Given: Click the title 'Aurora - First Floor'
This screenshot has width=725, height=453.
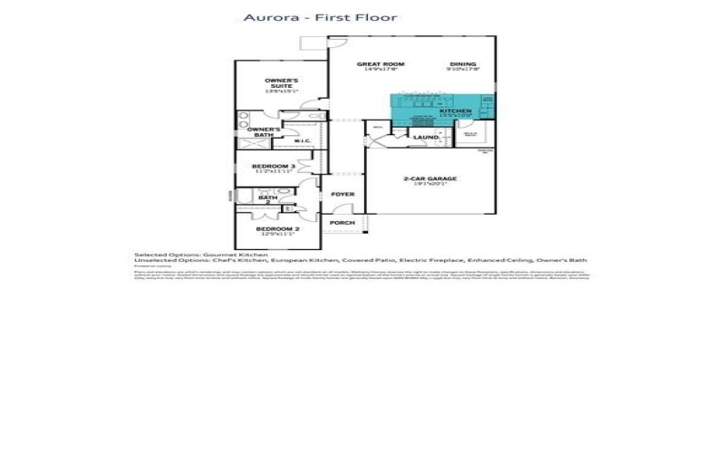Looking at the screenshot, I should (320, 17).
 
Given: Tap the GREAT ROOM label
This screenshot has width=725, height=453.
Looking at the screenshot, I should (380, 64).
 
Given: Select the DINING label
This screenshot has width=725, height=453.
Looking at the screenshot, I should (463, 64).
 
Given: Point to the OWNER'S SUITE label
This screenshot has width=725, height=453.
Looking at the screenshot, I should (281, 82).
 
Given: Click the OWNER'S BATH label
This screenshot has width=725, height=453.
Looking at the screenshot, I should (264, 132).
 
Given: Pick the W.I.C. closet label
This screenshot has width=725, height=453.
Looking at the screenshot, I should (303, 141).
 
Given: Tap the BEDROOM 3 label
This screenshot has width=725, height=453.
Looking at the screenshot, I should (273, 167).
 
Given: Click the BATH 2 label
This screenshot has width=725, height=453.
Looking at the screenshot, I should (266, 198).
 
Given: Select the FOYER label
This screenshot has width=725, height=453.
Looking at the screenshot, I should (342, 195).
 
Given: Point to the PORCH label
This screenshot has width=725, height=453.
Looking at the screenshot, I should (342, 223).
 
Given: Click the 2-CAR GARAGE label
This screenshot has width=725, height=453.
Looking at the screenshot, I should (430, 178).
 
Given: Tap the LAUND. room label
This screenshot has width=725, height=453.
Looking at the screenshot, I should (425, 138).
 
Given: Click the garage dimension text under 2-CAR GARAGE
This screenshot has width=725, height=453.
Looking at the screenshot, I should (430, 185).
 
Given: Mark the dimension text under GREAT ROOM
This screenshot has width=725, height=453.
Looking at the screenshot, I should (380, 71).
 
